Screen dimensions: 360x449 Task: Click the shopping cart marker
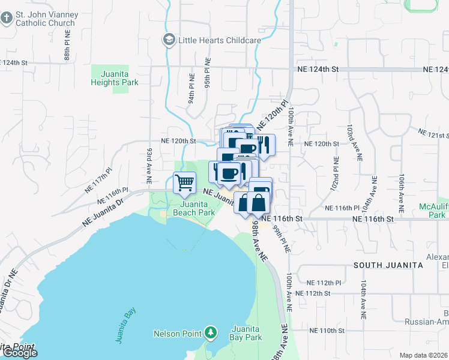click(x=185, y=182)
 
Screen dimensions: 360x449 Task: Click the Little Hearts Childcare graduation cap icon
click(x=169, y=40)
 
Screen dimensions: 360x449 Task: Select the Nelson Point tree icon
click(x=209, y=332)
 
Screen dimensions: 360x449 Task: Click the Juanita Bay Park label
click(x=246, y=333)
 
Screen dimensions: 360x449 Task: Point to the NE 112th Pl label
click(x=324, y=283)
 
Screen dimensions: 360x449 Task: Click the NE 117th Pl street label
click(x=98, y=179)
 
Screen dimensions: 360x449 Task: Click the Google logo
click(x=20, y=353)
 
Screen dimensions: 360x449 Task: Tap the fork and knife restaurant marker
click(x=265, y=145)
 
